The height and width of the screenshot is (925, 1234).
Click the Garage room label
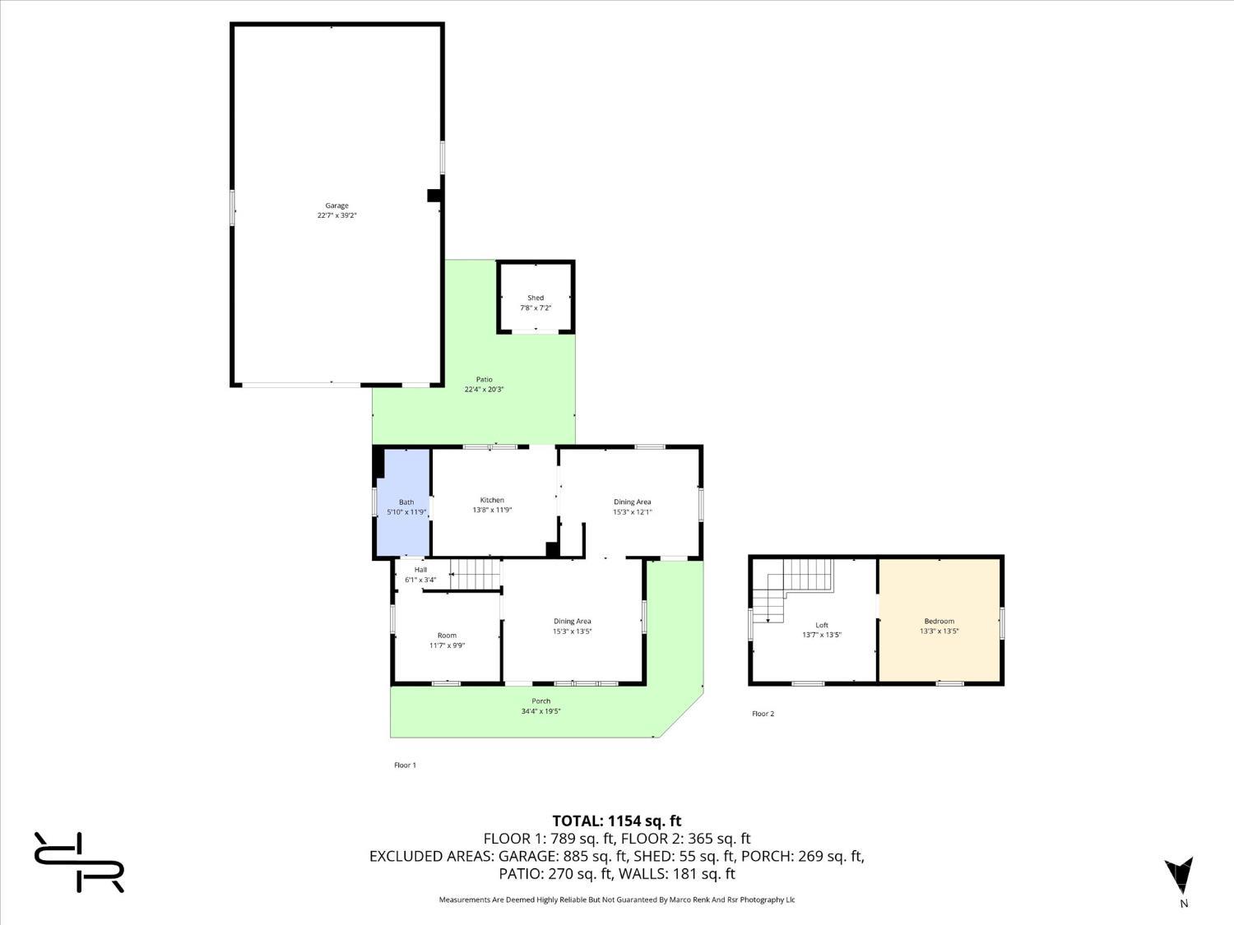336,206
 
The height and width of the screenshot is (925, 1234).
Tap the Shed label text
536,298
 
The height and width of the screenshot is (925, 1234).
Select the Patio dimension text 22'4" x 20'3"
484,390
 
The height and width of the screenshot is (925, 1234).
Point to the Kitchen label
492,500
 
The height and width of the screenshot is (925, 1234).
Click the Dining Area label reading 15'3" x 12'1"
632,506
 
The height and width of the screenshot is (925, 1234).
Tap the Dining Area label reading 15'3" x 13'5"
572,627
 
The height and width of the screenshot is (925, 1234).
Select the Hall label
420,570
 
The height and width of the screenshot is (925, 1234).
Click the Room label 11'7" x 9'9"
447,640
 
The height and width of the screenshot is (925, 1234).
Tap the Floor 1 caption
405,765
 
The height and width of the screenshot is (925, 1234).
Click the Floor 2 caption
763,714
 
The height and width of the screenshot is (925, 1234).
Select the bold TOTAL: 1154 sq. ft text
616,821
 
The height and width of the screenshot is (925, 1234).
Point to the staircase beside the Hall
475,574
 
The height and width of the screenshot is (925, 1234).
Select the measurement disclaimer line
616,900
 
